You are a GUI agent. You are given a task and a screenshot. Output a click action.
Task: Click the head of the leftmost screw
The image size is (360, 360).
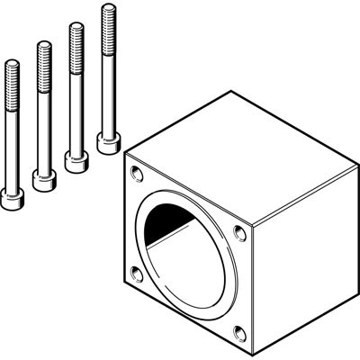pos(12,199)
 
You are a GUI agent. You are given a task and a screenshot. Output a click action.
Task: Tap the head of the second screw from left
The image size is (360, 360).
pos(43,178)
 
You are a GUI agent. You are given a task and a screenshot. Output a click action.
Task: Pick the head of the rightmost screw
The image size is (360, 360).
pos(108,141)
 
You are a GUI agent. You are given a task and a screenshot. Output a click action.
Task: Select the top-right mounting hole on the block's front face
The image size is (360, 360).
pos(239,232)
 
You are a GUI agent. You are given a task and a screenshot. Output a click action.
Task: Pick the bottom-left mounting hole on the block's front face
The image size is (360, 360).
pos(136,271)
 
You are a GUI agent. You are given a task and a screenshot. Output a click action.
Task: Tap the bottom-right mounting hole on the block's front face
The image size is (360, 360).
pos(238,330)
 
